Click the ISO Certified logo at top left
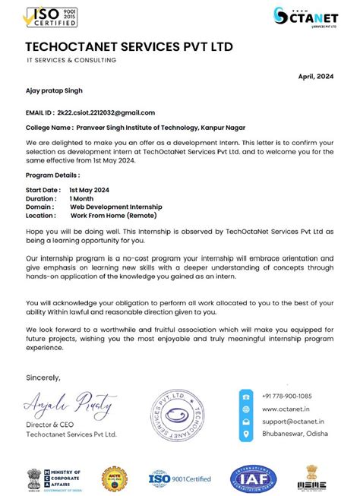pyautogui.click(x=51, y=17)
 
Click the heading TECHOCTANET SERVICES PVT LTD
pyautogui.click(x=129, y=48)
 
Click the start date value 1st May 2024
pyautogui.click(x=90, y=189)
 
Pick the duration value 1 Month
pyautogui.click(x=82, y=197)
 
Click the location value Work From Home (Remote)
pyautogui.click(x=114, y=215)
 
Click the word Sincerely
pyautogui.click(x=43, y=378)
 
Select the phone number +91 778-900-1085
pyautogui.click(x=286, y=396)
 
